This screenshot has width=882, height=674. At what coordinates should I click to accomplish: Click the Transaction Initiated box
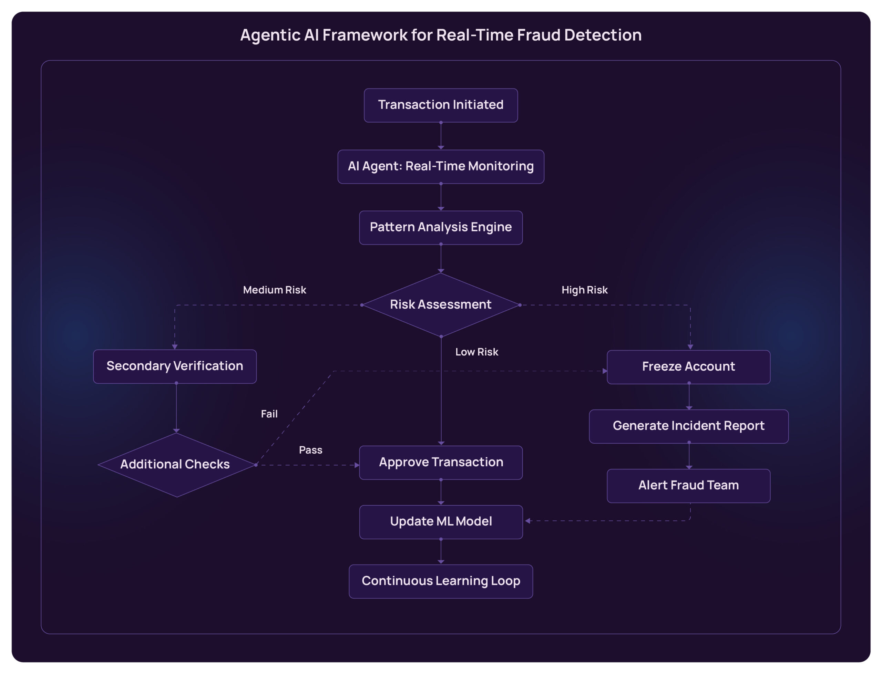(441, 105)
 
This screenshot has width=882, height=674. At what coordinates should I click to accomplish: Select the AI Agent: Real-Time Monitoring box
(441, 166)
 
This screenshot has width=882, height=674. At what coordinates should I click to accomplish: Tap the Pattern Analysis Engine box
(441, 227)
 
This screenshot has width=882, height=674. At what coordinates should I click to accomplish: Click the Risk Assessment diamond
(441, 304)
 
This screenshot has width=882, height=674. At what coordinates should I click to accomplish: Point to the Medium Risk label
(275, 290)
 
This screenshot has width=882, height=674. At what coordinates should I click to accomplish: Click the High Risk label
(584, 290)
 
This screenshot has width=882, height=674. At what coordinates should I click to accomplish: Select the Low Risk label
(476, 352)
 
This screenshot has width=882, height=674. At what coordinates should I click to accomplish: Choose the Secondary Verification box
(175, 366)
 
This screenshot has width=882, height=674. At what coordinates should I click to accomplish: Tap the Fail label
(269, 414)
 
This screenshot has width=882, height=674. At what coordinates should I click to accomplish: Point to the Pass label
(310, 450)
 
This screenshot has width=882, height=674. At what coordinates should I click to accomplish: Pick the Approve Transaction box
(441, 463)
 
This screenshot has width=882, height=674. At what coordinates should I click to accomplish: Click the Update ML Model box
(441, 521)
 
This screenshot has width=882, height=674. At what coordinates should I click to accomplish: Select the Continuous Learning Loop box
(441, 581)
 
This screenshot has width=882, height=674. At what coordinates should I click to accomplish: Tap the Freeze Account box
(688, 367)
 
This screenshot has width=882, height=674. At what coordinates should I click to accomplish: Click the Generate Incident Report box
(688, 426)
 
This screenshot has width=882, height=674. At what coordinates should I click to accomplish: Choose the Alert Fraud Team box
(688, 486)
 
